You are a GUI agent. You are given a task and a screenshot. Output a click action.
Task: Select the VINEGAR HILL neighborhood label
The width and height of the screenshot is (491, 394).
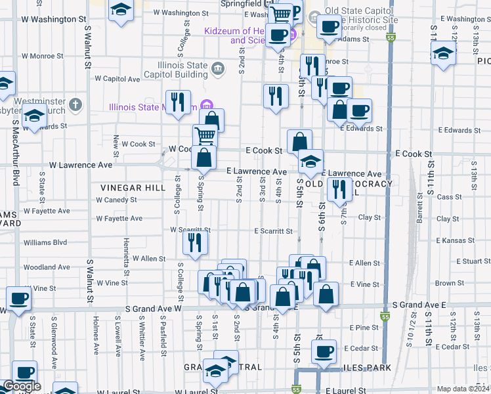pos(133,188)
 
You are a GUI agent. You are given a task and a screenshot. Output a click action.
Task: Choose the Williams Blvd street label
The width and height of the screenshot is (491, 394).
pos(45,242)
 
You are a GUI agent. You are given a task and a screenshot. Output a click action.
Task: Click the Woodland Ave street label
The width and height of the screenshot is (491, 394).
pos(46,267)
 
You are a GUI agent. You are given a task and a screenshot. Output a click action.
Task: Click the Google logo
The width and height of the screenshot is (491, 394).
pos(21,386)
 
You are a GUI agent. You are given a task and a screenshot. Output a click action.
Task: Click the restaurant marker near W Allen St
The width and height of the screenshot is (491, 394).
pos(196,242)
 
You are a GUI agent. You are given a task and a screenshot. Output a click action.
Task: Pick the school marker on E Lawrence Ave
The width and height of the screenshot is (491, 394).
pos(310,160)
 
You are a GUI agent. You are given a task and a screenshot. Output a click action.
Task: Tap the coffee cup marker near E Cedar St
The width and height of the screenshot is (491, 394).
pos(324,351)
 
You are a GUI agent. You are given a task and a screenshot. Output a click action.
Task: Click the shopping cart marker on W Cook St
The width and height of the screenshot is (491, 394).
pos(205,135)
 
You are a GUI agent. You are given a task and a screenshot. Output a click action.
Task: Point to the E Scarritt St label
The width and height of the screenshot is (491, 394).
pos(273,231)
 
